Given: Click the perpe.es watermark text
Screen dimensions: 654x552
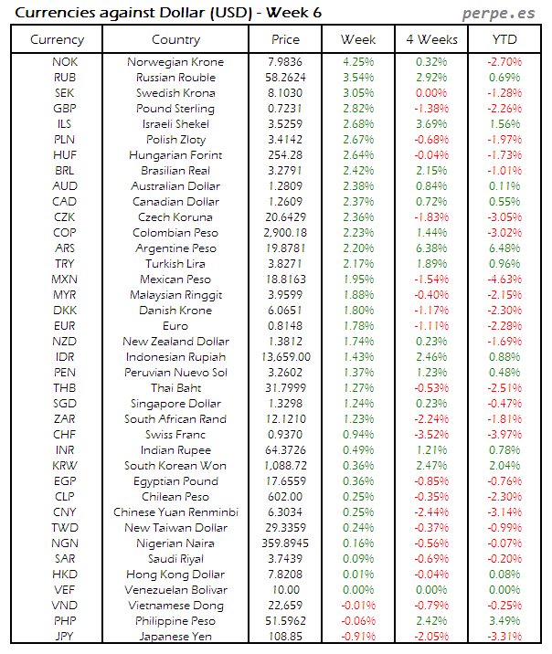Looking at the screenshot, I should tap(498, 14).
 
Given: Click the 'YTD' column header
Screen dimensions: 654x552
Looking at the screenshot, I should tap(504, 39).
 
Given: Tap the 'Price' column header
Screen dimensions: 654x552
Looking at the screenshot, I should tap(285, 39).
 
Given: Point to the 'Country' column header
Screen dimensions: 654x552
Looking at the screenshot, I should tap(175, 39).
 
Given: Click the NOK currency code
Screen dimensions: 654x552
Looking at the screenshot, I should tap(65, 62).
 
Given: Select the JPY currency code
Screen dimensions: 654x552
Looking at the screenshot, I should tap(65, 636).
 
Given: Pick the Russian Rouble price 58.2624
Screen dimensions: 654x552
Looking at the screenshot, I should tap(285, 78).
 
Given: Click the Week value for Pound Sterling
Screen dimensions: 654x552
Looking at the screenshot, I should tap(357, 109).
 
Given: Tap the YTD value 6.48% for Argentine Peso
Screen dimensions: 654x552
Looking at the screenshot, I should tap(504, 248).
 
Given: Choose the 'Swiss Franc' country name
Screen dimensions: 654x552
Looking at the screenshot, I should tap(175, 435).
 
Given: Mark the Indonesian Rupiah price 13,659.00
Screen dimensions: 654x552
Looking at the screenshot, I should tap(285, 357).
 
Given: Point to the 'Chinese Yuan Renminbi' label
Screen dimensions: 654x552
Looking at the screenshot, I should tap(175, 512).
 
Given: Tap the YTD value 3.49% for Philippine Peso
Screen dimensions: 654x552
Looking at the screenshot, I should tap(504, 620).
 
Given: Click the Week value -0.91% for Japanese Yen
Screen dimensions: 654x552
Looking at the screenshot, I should tap(357, 636).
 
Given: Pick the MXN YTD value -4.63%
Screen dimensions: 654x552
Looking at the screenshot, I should tap(504, 280).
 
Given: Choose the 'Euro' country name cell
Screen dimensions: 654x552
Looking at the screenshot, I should tap(175, 326).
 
